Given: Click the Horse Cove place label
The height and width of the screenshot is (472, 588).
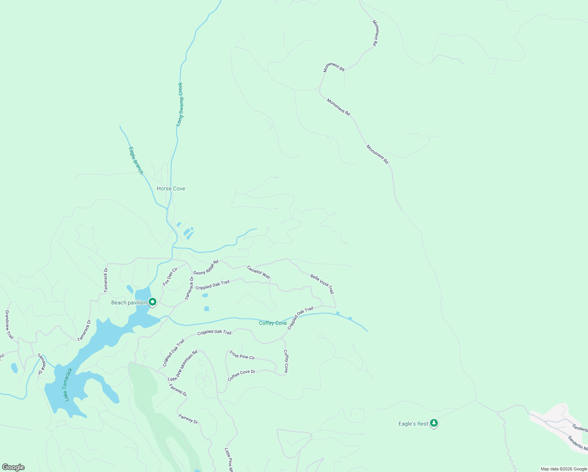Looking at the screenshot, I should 171,189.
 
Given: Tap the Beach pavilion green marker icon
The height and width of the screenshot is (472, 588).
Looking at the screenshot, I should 153,302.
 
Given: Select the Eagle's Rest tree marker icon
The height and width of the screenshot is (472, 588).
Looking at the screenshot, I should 434,423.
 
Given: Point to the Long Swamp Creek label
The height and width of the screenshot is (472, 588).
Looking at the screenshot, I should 180,104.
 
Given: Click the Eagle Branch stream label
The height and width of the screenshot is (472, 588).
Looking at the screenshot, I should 136,160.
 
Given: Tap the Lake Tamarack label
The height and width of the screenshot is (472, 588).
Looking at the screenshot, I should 68,385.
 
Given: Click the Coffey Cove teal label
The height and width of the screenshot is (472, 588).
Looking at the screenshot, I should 273,323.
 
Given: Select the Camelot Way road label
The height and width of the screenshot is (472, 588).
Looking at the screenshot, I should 259,272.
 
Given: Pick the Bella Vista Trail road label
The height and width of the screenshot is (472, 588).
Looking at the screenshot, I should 322,284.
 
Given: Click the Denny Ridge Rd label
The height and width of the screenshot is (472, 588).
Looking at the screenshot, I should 206,267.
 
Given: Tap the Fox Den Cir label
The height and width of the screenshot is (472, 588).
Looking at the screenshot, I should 170,276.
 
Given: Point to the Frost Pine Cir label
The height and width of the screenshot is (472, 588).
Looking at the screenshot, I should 242,355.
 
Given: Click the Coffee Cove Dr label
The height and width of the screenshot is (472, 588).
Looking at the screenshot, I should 241,375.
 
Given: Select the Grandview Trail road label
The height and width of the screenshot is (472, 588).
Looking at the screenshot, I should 9,325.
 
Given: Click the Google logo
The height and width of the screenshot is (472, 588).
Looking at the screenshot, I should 13,467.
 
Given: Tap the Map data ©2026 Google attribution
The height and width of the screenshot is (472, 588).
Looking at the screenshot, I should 564,469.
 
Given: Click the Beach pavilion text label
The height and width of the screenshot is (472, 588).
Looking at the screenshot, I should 129,302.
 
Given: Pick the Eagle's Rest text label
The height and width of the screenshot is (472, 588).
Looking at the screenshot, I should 413,424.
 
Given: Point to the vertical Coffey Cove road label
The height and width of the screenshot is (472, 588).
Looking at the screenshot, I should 286,361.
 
